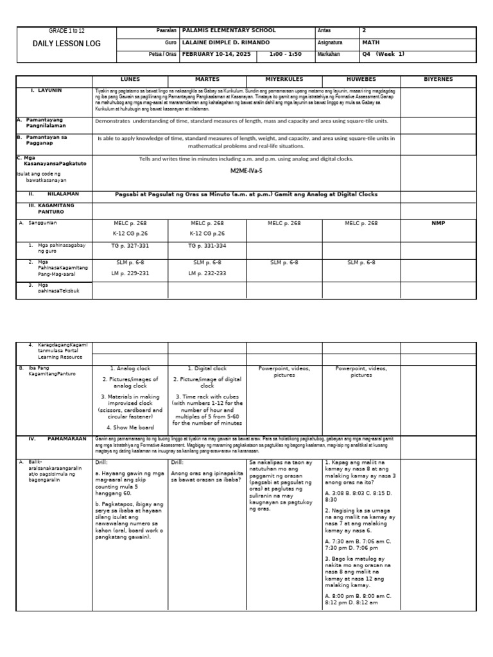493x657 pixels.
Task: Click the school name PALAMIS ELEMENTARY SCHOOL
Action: pos(229,30)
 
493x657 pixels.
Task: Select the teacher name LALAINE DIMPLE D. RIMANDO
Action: pos(226,42)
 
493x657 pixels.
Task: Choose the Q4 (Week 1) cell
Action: pos(384,54)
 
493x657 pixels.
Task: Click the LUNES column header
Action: pos(130,80)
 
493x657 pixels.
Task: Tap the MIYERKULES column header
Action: pos(284,80)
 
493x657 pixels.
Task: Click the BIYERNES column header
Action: pos(438,80)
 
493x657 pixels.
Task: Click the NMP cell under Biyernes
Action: pos(438,223)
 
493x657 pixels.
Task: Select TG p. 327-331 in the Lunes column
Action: pos(130,246)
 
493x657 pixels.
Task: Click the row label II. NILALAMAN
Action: pos(51,194)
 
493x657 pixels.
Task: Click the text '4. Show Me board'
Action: pos(130,427)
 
